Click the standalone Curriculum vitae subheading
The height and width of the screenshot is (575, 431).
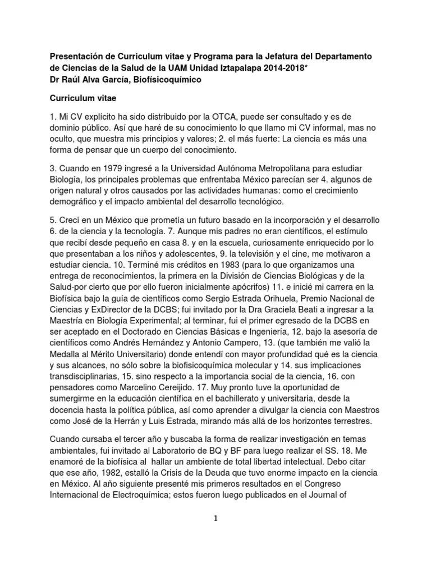coord(83,98)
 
